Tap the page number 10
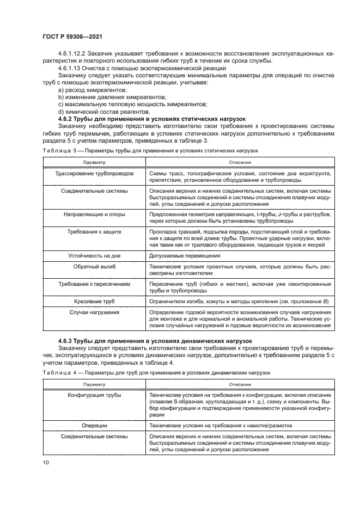[46, 463]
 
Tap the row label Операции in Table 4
[94, 425]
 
